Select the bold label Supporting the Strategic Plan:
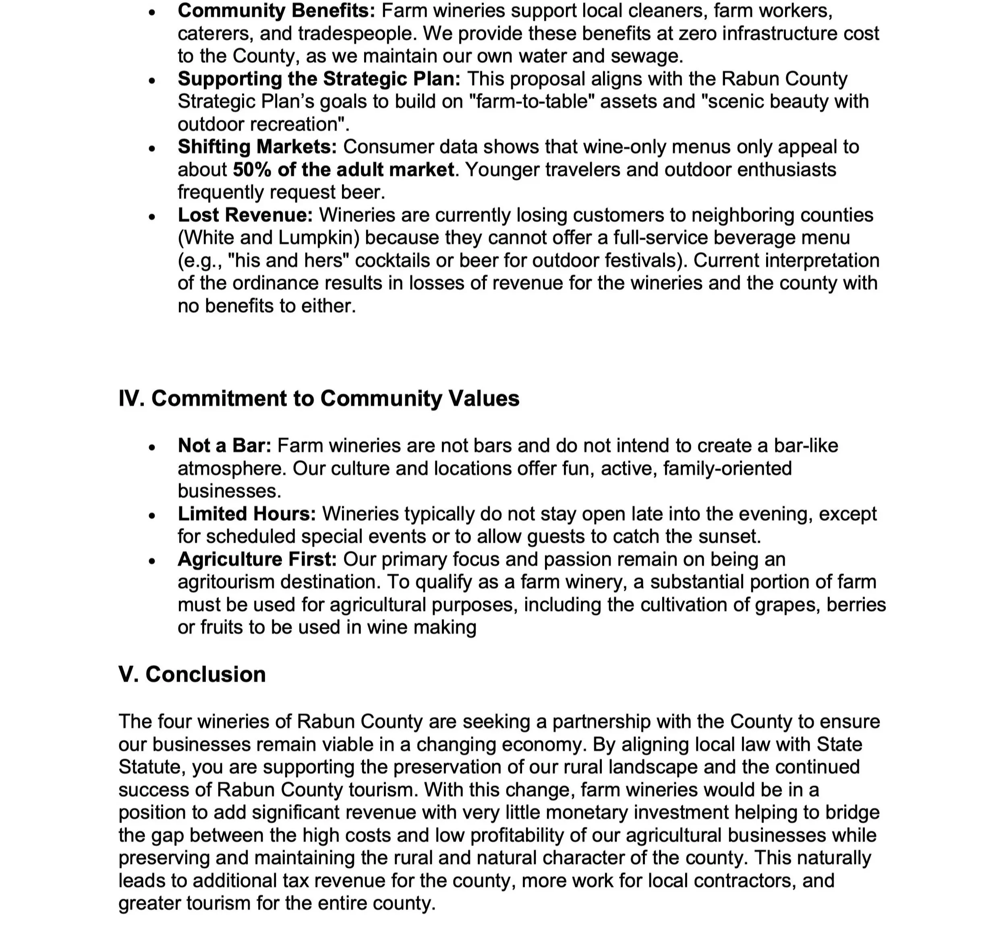click(x=319, y=79)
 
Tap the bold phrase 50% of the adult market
click(x=344, y=170)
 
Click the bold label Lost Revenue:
click(x=245, y=215)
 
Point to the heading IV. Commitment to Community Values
click(x=319, y=398)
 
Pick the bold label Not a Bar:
click(x=224, y=446)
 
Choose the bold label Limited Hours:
click(x=247, y=514)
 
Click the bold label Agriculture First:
click(x=257, y=559)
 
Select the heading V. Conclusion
click(x=192, y=674)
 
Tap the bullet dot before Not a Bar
click(x=152, y=447)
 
